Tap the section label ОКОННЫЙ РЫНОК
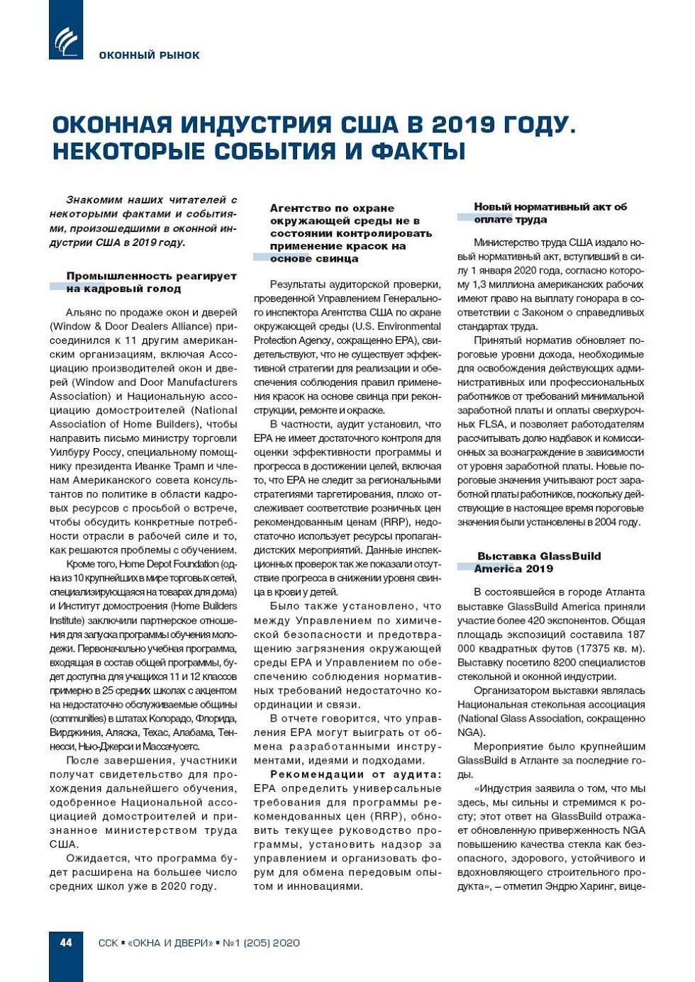pyautogui.click(x=149, y=55)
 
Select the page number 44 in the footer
pyautogui.click(x=66, y=942)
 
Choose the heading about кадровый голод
pyautogui.click(x=151, y=282)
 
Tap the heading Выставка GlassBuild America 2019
pyautogui.click(x=538, y=562)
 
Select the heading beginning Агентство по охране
pyautogui.click(x=350, y=233)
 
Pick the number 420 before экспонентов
pyautogui.click(x=540, y=620)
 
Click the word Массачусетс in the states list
pyautogui.click(x=172, y=747)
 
